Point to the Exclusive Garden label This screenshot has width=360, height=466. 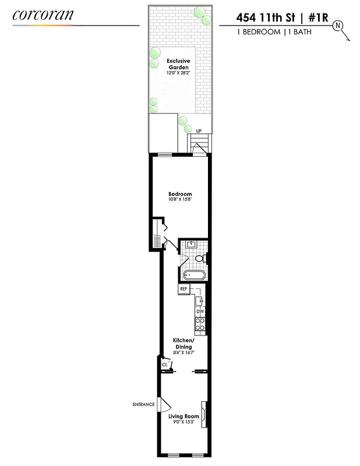(179, 63)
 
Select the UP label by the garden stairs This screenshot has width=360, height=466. (199, 131)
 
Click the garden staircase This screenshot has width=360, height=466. (198, 144)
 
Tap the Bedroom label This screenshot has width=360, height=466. (180, 194)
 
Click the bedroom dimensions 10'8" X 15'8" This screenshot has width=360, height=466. (180, 200)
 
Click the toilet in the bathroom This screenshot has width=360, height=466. (199, 258)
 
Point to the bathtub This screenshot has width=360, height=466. (194, 276)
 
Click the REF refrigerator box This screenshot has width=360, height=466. (184, 289)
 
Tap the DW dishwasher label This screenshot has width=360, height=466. (200, 312)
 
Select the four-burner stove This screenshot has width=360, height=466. (200, 324)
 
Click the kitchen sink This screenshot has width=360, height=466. (200, 301)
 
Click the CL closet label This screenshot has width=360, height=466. (165, 365)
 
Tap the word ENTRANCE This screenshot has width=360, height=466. (143, 404)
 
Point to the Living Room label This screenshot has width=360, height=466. (183, 416)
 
